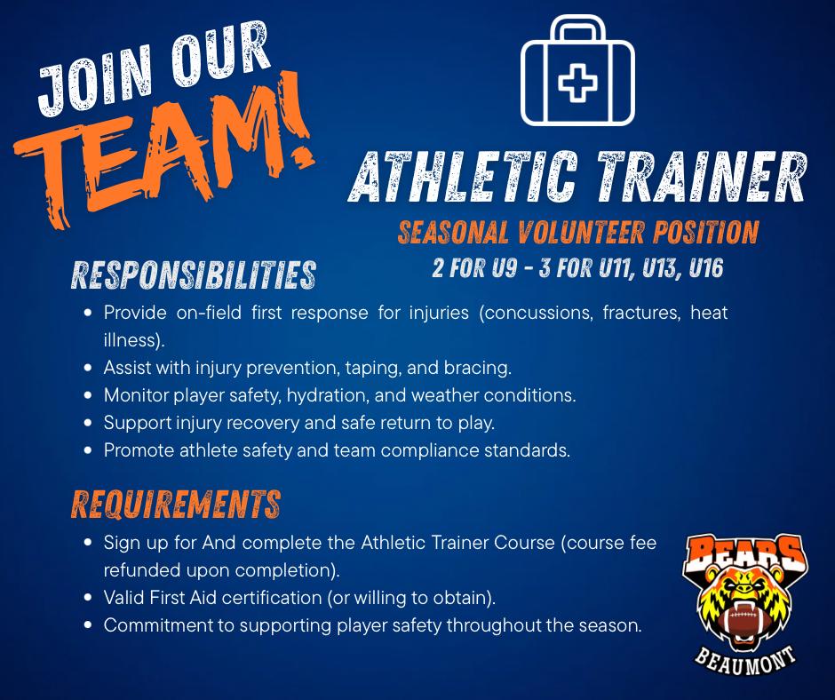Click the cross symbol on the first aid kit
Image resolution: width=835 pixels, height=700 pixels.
click(x=577, y=83)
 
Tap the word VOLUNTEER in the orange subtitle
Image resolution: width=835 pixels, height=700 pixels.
click(x=581, y=233)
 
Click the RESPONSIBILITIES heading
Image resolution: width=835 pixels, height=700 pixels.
click(x=194, y=274)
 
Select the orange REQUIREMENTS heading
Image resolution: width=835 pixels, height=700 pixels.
click(x=176, y=504)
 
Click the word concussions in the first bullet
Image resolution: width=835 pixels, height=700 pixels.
click(x=537, y=313)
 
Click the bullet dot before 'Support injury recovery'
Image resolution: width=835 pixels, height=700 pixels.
click(x=89, y=423)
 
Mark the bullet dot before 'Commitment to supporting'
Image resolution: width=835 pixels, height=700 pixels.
click(x=89, y=625)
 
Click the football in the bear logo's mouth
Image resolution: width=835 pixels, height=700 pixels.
click(x=745, y=627)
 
